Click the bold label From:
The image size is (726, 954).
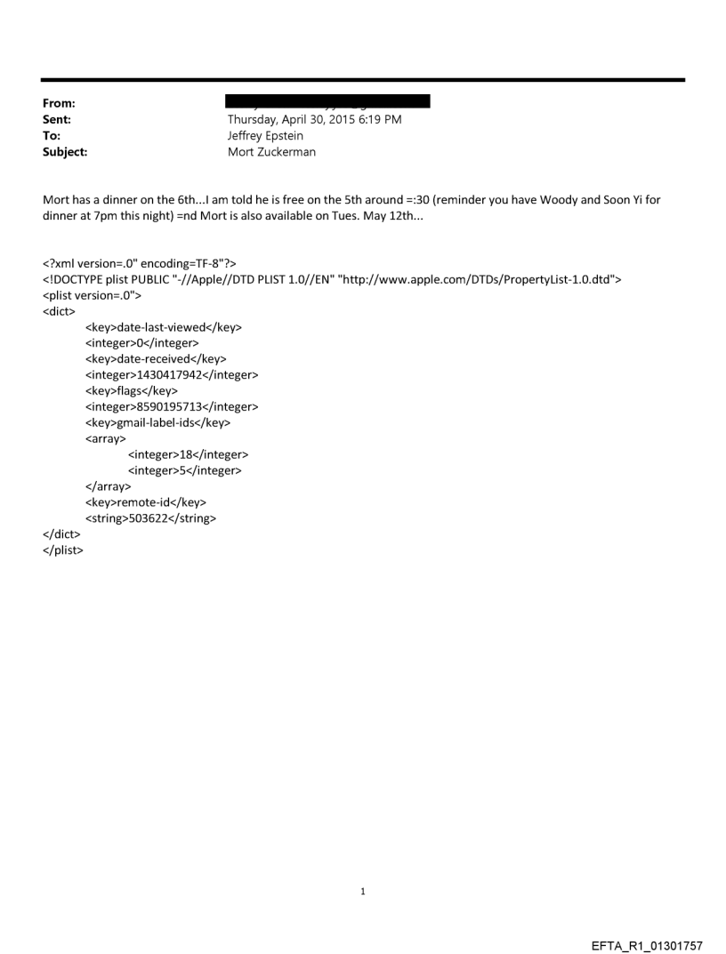point(59,103)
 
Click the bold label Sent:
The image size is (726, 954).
point(57,119)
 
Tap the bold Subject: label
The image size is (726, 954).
point(65,152)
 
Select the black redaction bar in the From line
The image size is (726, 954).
point(328,101)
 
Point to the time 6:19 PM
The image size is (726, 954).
point(380,119)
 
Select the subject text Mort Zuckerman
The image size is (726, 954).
point(271,152)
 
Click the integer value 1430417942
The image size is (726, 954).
point(172,375)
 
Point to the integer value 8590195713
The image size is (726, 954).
point(172,407)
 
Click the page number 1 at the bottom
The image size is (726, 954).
point(363,891)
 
